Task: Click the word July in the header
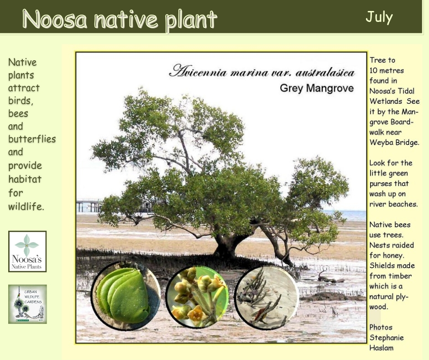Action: point(379,17)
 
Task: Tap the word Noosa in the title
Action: point(55,19)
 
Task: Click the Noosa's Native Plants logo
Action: point(27,252)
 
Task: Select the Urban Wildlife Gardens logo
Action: point(27,304)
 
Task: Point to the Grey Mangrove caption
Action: point(317,88)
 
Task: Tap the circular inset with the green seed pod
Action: point(126,295)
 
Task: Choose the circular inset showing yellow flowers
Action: point(198,296)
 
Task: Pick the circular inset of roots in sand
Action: point(267,297)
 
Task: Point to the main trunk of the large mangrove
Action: point(227,244)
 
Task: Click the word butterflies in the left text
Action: point(32,139)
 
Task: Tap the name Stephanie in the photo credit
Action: point(387,338)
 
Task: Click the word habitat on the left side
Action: point(25,179)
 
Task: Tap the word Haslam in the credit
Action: point(382,348)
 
